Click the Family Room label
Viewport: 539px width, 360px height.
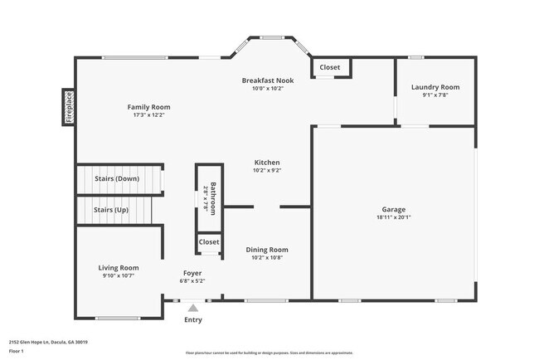click(148, 106)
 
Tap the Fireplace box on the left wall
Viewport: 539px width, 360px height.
click(69, 107)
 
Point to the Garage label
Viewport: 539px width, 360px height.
click(393, 210)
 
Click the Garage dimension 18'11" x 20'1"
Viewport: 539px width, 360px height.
click(393, 218)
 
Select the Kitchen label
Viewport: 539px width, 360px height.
click(267, 162)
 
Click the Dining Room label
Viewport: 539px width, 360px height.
click(267, 249)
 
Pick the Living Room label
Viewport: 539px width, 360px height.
click(119, 267)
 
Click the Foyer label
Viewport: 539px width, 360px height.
click(192, 273)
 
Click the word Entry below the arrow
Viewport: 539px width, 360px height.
click(192, 319)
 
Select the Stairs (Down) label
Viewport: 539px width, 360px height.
click(116, 178)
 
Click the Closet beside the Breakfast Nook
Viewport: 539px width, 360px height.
click(330, 67)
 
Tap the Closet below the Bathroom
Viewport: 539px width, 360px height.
click(209, 242)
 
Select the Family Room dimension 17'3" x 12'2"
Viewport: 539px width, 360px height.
click(148, 115)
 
